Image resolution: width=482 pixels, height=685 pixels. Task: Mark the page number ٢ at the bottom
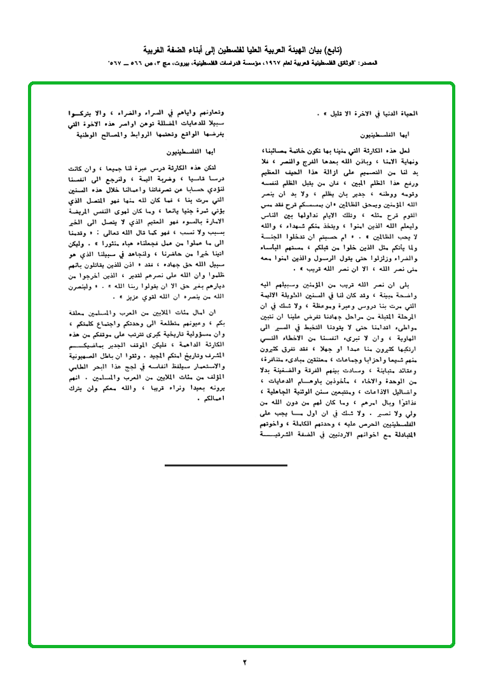[x=244, y=662]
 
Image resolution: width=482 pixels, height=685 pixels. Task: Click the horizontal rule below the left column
[x=226, y=465]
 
